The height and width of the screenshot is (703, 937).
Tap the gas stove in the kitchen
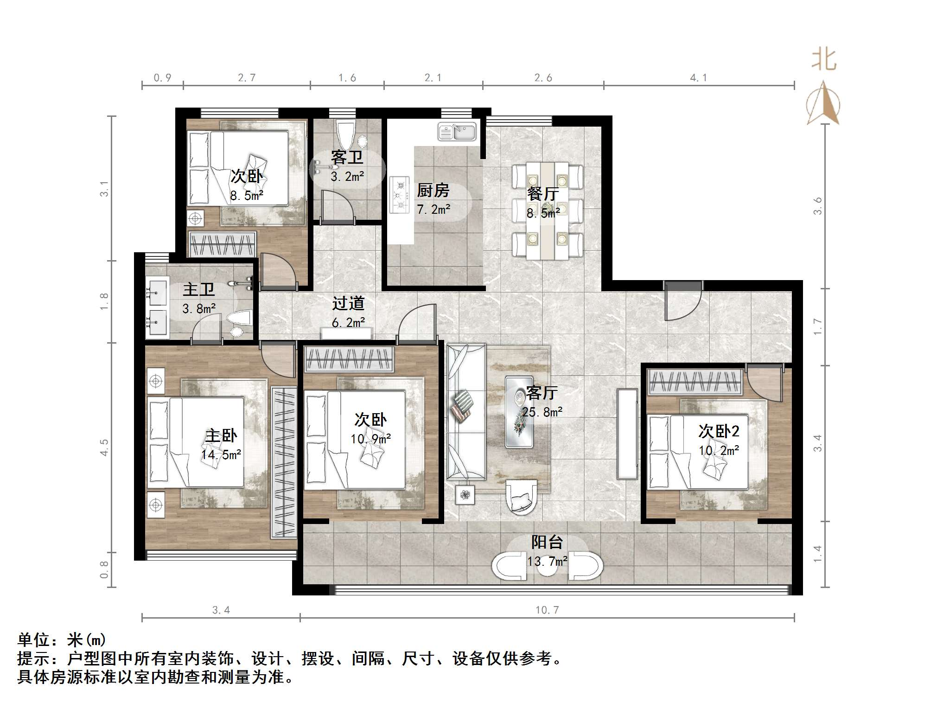(399, 195)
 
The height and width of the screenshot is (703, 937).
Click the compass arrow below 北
(823, 104)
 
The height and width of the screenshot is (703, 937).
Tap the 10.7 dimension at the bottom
(547, 610)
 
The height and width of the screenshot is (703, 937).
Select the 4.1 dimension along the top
(698, 78)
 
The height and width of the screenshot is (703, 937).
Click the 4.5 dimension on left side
(104, 447)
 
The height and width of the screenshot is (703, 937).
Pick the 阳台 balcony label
(547, 542)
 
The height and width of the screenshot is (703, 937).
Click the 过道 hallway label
(348, 303)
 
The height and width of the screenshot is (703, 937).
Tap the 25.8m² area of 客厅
(542, 412)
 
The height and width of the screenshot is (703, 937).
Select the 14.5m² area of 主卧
(221, 455)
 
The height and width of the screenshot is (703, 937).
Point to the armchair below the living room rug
(522, 496)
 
